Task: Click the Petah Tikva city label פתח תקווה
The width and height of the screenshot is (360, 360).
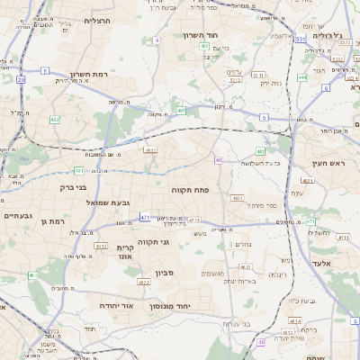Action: pyautogui.click(x=188, y=191)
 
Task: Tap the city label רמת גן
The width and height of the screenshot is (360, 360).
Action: pyautogui.click(x=56, y=220)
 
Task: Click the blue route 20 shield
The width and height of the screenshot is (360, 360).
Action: pyautogui.click(x=21, y=80)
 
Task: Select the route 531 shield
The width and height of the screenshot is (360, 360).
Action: pyautogui.click(x=300, y=40)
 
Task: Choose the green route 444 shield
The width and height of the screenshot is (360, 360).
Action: pyautogui.click(x=302, y=77)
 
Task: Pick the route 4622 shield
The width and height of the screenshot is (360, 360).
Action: pyautogui.click(x=144, y=282)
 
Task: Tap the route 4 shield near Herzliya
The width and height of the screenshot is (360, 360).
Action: pyautogui.click(x=157, y=40)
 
